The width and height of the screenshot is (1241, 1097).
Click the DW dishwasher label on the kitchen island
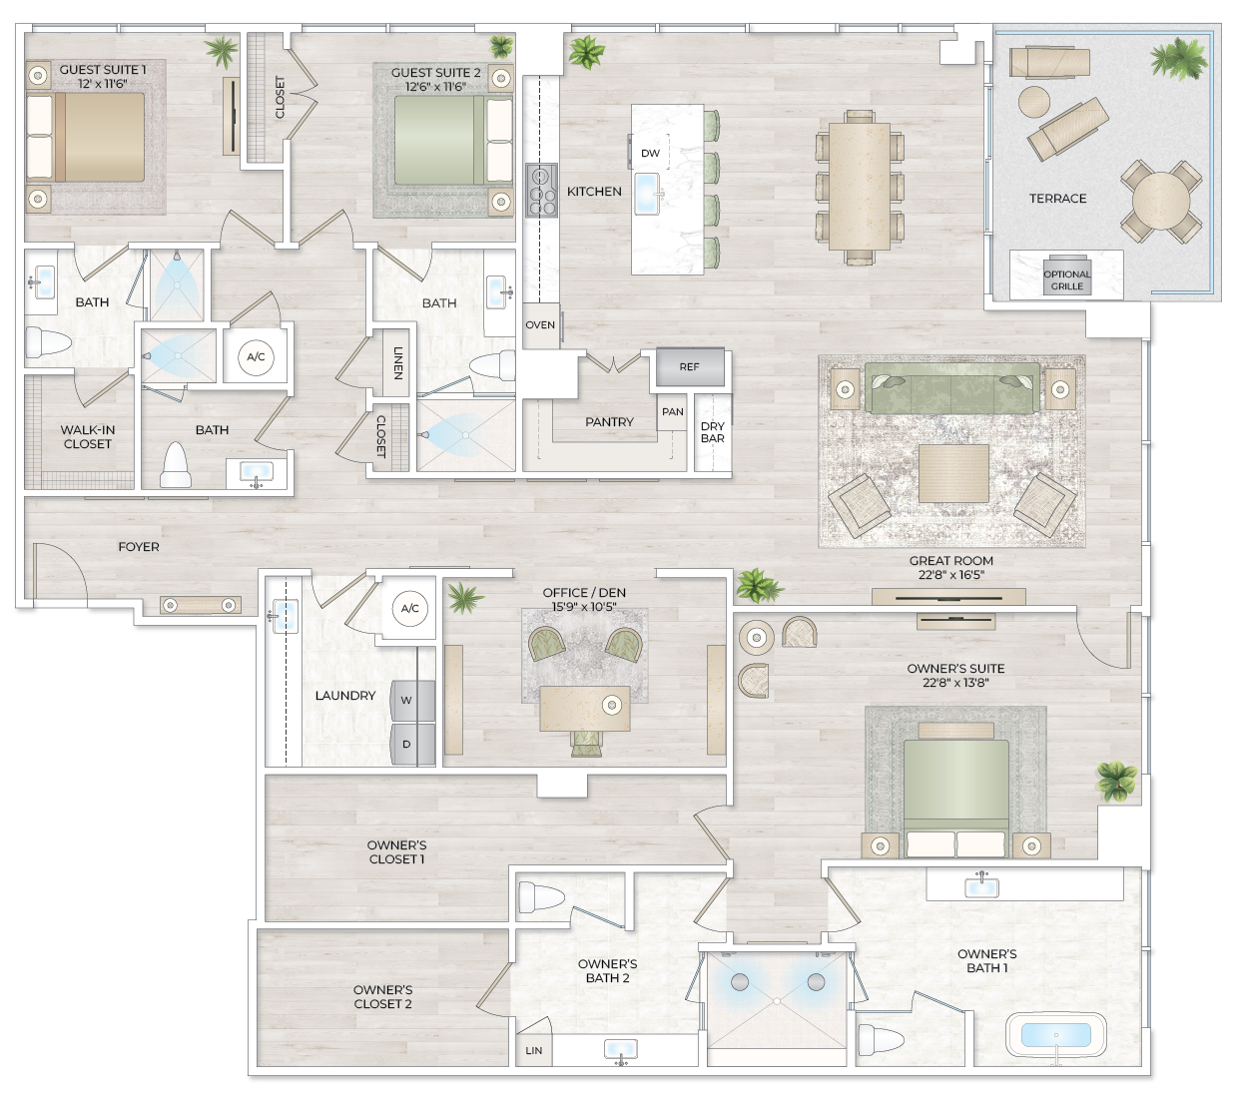(650, 153)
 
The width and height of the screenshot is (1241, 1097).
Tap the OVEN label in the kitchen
(540, 325)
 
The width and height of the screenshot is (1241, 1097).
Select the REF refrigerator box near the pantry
(689, 367)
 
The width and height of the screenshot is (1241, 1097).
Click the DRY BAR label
(713, 432)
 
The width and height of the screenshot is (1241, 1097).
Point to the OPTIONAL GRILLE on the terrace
(1066, 279)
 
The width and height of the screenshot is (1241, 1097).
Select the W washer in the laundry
(407, 701)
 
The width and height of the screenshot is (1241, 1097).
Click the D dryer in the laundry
(407, 744)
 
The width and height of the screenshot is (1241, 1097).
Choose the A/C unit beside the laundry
(409, 608)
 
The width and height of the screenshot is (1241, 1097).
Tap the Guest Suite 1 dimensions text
(104, 84)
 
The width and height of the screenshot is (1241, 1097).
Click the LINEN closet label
(397, 362)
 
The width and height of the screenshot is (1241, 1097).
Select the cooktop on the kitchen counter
(541, 190)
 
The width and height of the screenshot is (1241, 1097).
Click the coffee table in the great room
(952, 473)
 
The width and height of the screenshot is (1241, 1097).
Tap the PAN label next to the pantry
(672, 411)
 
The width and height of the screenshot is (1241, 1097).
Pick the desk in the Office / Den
(584, 708)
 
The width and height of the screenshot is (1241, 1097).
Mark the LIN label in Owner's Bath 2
(534, 1051)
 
